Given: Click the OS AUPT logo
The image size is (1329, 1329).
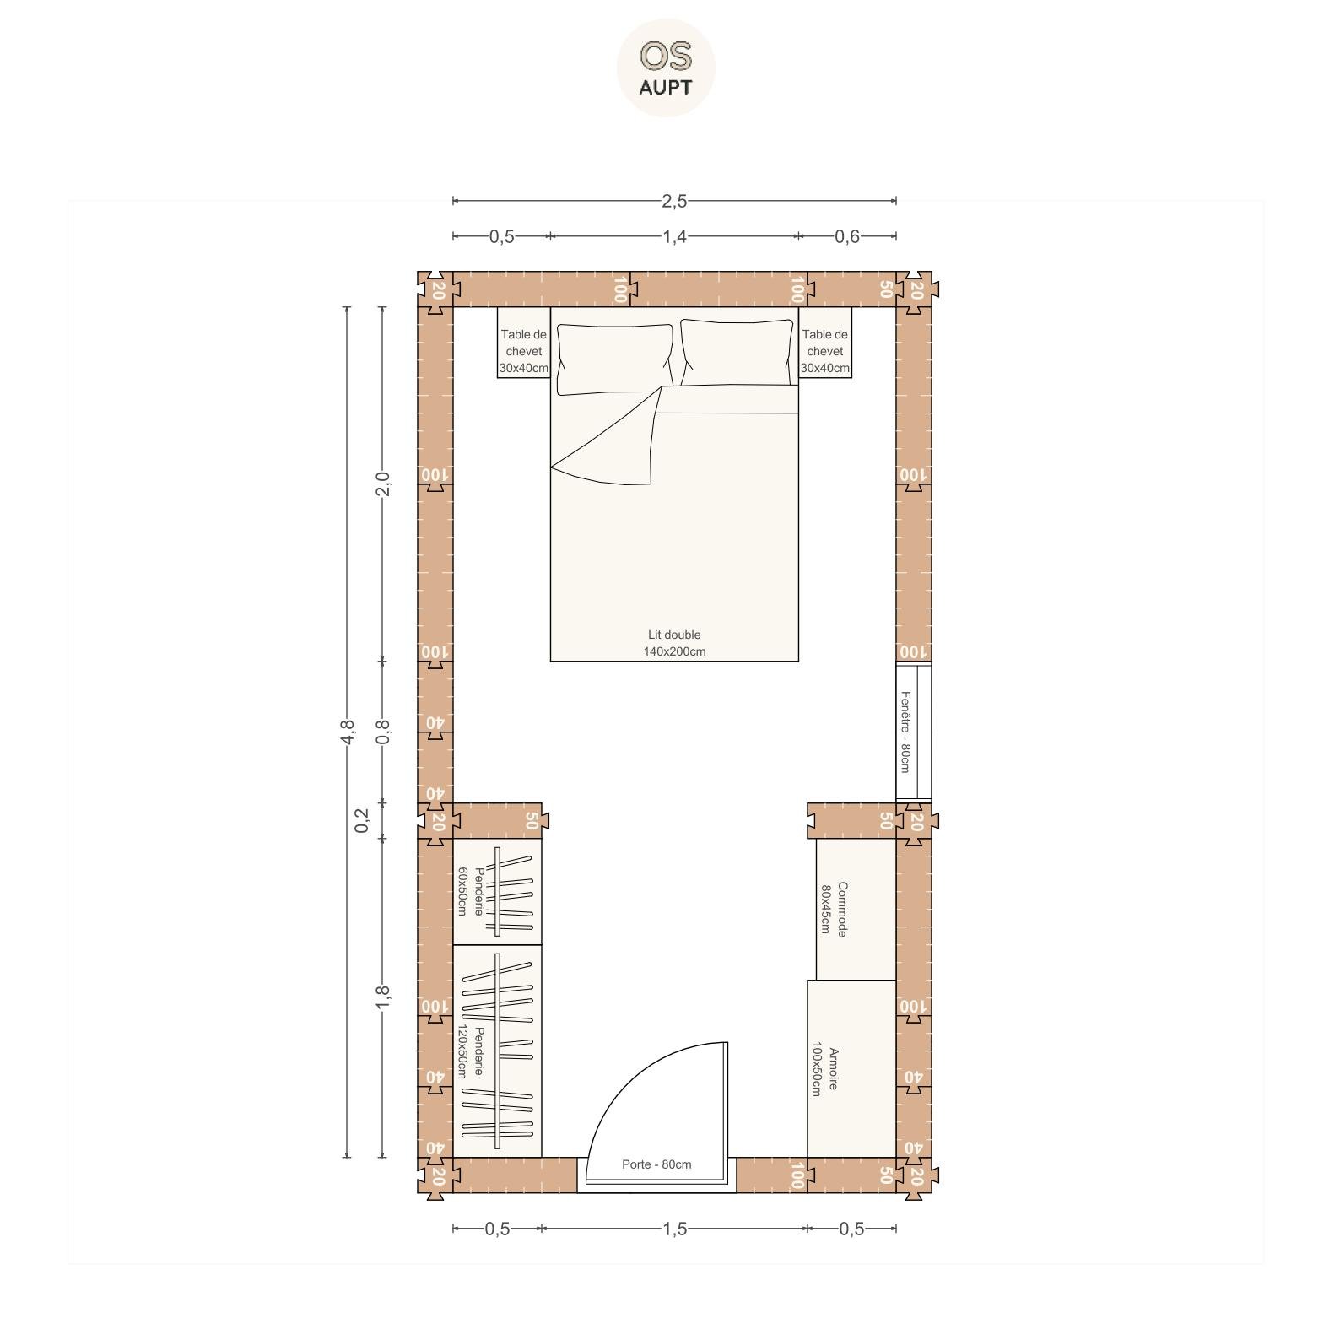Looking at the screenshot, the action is (666, 68).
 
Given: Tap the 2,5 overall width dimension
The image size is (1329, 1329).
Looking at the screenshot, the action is (674, 201).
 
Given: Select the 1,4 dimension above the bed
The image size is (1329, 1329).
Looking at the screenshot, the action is (674, 236).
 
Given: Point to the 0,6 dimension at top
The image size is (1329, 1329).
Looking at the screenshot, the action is (847, 236).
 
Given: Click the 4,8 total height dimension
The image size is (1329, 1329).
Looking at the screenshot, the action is (347, 732).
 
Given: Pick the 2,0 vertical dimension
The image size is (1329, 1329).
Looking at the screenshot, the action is (382, 484).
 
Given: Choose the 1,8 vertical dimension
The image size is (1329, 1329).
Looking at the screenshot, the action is (382, 997).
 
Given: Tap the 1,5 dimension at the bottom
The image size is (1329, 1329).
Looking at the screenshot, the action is (674, 1229).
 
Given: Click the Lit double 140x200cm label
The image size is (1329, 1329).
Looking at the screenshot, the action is (674, 643).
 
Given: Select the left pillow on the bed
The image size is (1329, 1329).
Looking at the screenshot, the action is (614, 359).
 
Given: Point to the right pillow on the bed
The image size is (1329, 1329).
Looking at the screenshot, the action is (737, 353).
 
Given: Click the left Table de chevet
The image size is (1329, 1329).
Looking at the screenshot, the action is (523, 343).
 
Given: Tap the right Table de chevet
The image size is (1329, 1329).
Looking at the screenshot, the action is (824, 343).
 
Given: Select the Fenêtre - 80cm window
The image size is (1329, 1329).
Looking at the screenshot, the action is (914, 732).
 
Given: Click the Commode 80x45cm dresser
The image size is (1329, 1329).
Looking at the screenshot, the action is (856, 910).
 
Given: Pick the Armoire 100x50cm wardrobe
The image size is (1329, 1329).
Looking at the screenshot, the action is (851, 1069).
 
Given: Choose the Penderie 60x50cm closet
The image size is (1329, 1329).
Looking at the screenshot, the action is (497, 891).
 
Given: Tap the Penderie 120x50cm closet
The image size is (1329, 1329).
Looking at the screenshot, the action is (497, 1051).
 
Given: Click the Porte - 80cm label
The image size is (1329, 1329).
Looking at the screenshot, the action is (656, 1164).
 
